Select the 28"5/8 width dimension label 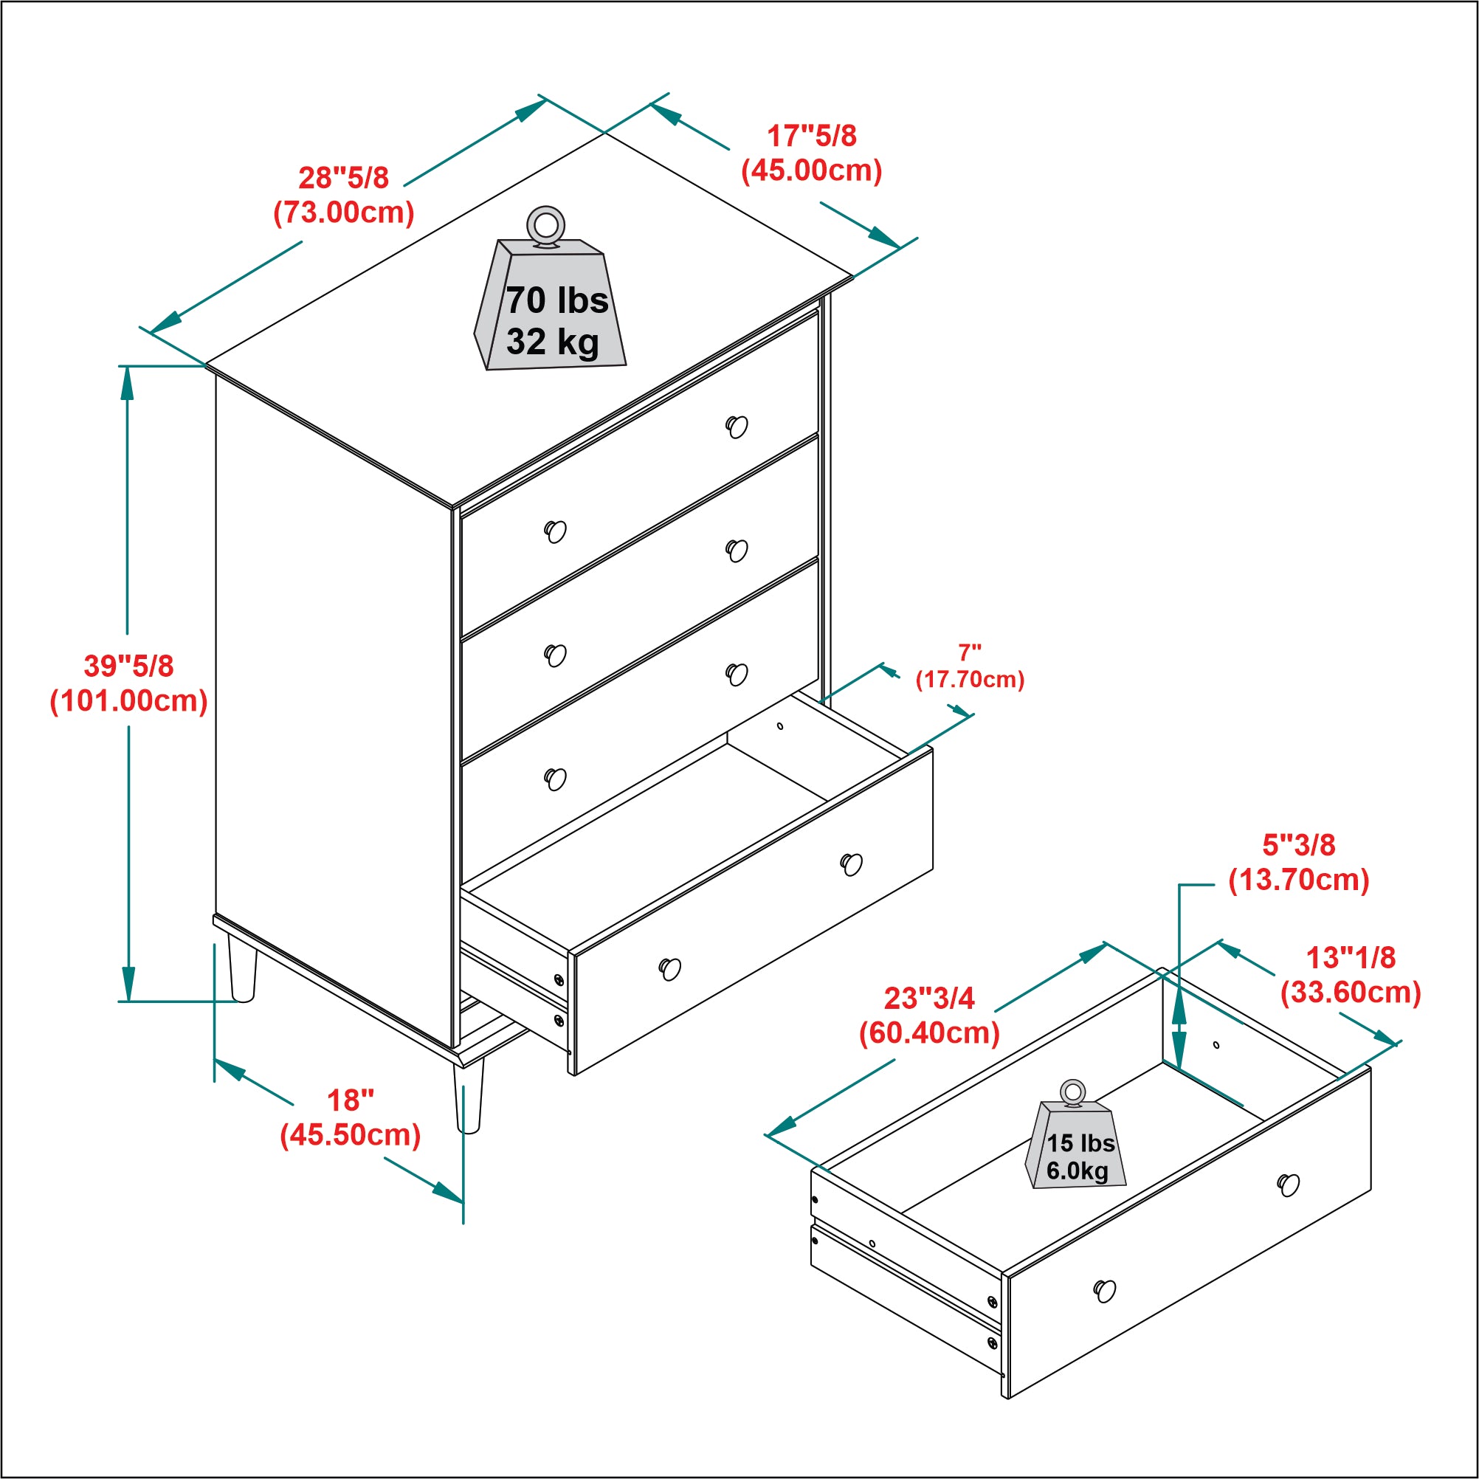(x=344, y=178)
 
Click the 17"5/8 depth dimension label (x=812, y=136)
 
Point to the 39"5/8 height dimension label (x=128, y=666)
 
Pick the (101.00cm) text (x=128, y=701)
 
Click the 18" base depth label (x=351, y=1100)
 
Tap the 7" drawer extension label (x=970, y=653)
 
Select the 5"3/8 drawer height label (x=1299, y=845)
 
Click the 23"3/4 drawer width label (x=929, y=999)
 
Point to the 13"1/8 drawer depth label (x=1351, y=957)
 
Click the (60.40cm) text (x=929, y=1033)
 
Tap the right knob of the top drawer (x=737, y=427)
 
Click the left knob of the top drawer (x=556, y=531)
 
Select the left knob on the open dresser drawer (x=670, y=969)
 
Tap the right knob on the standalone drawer (x=1289, y=1185)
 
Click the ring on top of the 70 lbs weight (x=546, y=226)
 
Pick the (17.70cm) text (x=970, y=680)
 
